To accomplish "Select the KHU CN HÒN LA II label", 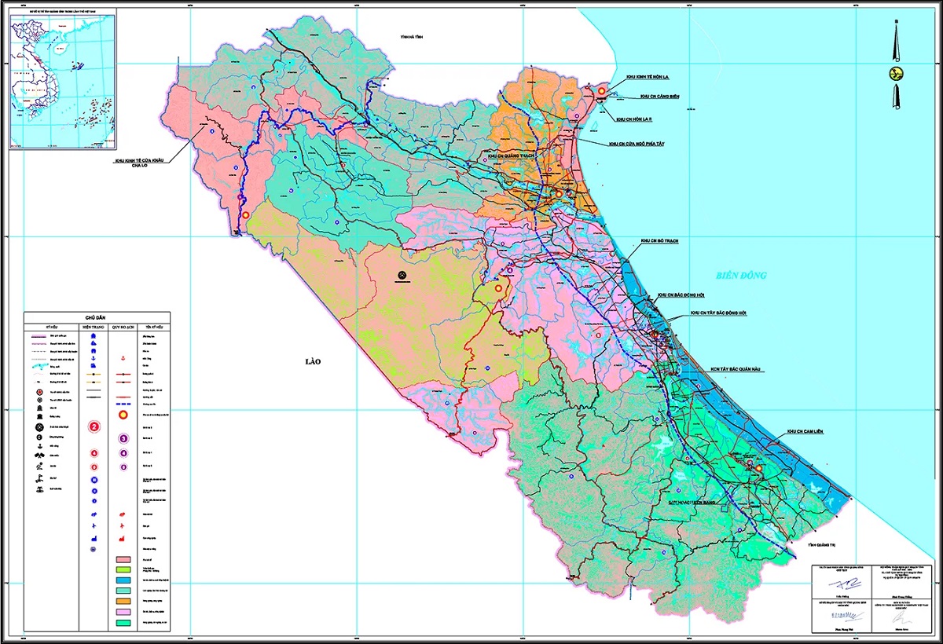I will pyautogui.click(x=634, y=119).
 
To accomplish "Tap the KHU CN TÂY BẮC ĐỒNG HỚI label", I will pyautogui.click(x=717, y=313).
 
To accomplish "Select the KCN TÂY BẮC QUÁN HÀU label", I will pyautogui.click(x=731, y=368).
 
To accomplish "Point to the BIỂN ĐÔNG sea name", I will pyautogui.click(x=739, y=276).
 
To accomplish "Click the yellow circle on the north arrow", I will pyautogui.click(x=893, y=74).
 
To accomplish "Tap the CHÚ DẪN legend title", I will pyautogui.click(x=95, y=314).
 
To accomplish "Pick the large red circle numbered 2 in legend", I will pyautogui.click(x=94, y=426).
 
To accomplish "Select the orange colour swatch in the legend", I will pyautogui.click(x=122, y=601).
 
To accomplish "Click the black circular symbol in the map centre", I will pyautogui.click(x=402, y=275).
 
